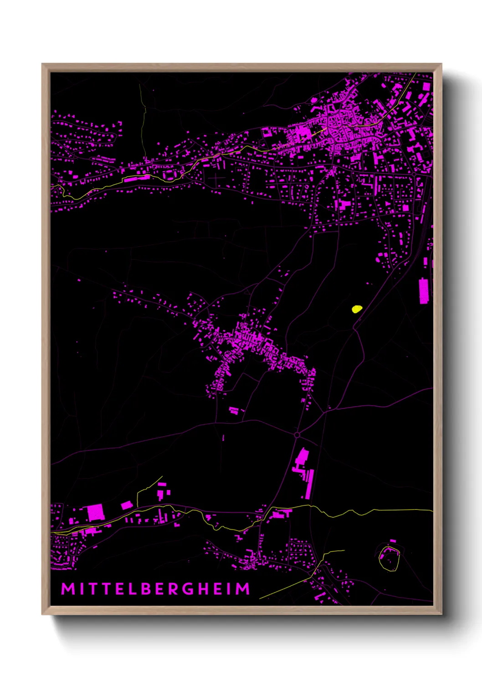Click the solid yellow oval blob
click(x=357, y=309)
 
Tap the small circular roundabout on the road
click(x=297, y=435)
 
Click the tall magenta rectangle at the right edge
click(x=424, y=291)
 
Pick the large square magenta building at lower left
click(x=96, y=512)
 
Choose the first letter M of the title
click(x=68, y=589)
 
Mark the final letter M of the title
click(x=243, y=589)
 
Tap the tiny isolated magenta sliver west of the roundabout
click(x=223, y=438)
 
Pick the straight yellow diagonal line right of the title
click(x=285, y=587)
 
